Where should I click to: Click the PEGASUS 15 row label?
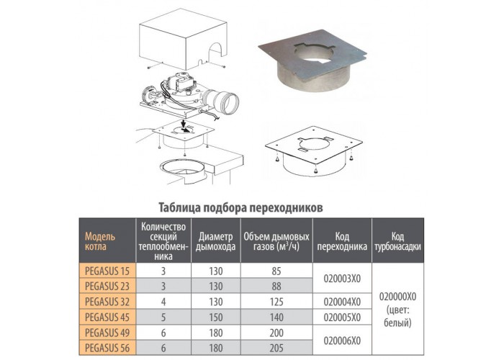107,271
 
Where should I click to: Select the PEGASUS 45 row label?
107,318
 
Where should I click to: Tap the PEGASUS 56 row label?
107,348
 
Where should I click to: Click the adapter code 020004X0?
342,302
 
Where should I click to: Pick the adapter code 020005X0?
342,318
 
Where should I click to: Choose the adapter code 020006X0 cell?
342,341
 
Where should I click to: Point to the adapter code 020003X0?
342,279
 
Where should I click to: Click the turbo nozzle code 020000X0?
397,296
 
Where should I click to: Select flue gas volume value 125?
276,302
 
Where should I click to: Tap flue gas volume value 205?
276,348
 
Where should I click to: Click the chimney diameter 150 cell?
216,318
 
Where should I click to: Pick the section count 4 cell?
163,302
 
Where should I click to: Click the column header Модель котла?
100,241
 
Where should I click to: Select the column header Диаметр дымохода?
216,241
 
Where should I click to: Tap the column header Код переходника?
342,241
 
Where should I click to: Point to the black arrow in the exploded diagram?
184,126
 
